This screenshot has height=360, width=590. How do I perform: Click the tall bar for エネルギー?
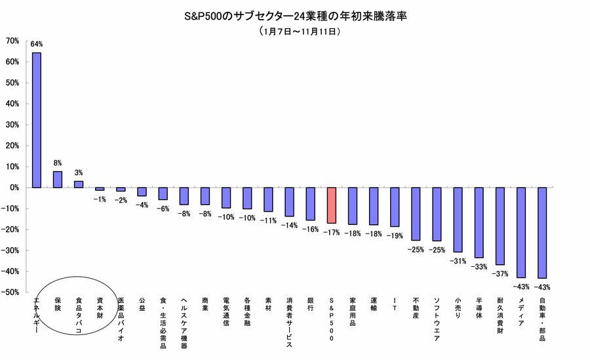click(x=37, y=120)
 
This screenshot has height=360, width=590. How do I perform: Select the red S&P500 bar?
click(x=332, y=205)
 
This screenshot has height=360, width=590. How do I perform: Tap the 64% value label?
click(x=37, y=45)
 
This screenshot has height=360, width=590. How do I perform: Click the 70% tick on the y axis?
click(x=12, y=41)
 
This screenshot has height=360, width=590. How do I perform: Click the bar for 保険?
click(x=58, y=179)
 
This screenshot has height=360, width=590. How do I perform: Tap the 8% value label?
click(x=58, y=163)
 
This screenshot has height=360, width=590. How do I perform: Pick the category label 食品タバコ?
click(x=79, y=315)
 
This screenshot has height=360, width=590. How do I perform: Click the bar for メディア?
click(x=521, y=232)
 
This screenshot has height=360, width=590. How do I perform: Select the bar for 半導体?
click(x=479, y=222)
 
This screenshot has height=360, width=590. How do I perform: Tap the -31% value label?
click(x=458, y=261)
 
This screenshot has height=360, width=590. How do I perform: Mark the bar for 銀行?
click(x=311, y=203)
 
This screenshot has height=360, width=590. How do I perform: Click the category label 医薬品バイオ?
click(x=121, y=317)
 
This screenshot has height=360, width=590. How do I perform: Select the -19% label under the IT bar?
click(x=395, y=235)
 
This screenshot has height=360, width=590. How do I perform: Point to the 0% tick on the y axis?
click(x=14, y=188)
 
